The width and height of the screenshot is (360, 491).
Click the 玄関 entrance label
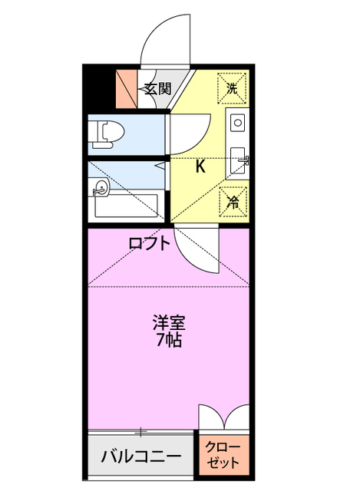pos(155,89)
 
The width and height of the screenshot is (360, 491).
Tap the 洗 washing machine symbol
pos(233,87)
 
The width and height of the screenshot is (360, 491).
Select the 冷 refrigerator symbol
pos(233,201)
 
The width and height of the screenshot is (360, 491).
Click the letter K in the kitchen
pos(200,166)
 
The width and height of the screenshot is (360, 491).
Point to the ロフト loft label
pos(149,244)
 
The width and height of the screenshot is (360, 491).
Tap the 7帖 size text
pos(169,341)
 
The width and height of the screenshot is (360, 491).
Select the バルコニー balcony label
pos(142,458)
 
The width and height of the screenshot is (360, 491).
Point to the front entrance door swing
pos(163,38)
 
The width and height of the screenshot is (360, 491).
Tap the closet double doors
pos(224,419)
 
